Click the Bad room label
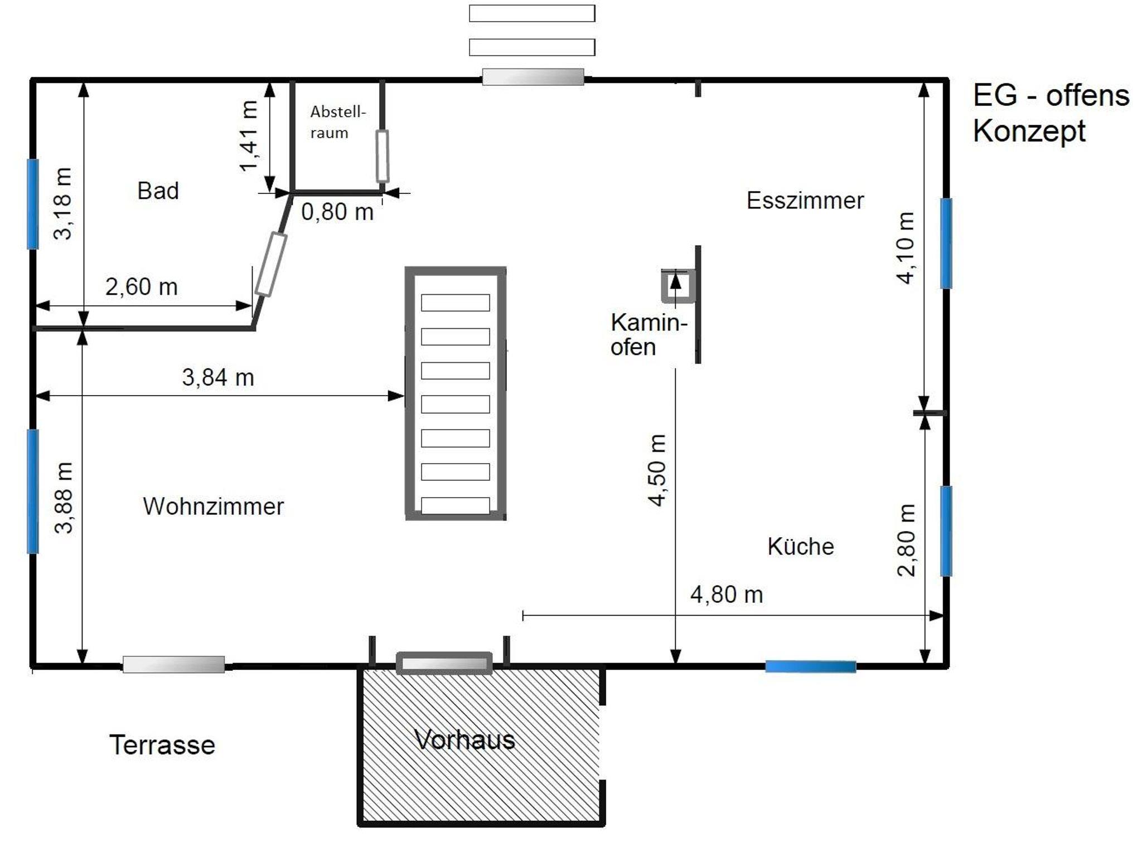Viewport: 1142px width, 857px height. click(x=158, y=191)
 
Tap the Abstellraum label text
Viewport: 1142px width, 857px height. click(x=338, y=122)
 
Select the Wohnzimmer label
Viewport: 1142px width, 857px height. click(x=214, y=507)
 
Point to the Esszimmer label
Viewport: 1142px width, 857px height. click(x=805, y=201)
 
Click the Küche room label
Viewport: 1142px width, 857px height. click(x=801, y=546)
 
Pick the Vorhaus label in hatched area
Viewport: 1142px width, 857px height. click(x=464, y=740)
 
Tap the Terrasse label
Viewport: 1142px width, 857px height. click(x=162, y=745)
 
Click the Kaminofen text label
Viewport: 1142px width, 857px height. click(x=649, y=334)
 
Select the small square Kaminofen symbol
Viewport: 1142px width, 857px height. click(x=679, y=286)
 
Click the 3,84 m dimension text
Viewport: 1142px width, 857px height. click(x=218, y=377)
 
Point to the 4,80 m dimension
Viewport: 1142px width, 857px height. click(x=727, y=595)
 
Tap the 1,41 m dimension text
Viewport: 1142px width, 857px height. click(x=248, y=136)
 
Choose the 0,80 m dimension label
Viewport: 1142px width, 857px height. click(x=337, y=212)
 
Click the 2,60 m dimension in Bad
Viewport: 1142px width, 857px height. click(x=142, y=287)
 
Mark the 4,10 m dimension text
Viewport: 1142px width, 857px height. click(x=905, y=247)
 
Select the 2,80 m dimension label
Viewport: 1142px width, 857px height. click(x=906, y=540)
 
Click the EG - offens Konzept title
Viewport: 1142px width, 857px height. click(x=1051, y=113)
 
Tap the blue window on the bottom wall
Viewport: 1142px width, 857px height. click(x=810, y=666)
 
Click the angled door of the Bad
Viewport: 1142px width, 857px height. click(x=271, y=264)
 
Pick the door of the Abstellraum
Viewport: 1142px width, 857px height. click(x=383, y=157)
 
